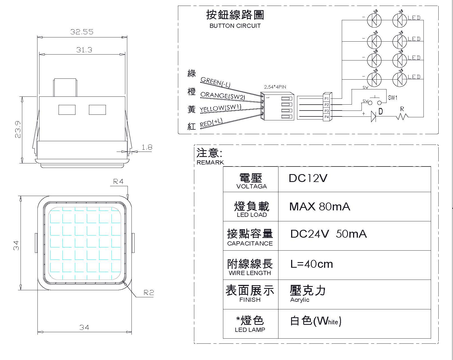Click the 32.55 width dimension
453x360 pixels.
tap(82, 32)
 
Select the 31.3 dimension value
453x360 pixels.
tap(84, 50)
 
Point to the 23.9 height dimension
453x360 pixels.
tap(18, 129)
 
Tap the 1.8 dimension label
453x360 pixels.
tap(147, 147)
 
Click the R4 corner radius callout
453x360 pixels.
tap(118, 182)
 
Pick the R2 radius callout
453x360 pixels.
tap(149, 292)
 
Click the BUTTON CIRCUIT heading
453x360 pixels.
tap(235, 26)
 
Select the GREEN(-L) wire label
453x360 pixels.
tap(215, 82)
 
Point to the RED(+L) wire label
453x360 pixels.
tap(211, 123)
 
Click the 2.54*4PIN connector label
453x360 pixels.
tap(275, 87)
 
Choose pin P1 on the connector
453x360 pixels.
tap(327, 99)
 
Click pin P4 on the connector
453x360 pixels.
tap(327, 117)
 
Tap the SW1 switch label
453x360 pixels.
tap(392, 98)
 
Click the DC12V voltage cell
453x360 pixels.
tap(308, 178)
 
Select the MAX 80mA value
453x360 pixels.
tap(320, 207)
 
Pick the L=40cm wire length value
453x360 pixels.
tap(311, 264)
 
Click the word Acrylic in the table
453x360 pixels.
tap(300, 300)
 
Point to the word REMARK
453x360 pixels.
tap(210, 163)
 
